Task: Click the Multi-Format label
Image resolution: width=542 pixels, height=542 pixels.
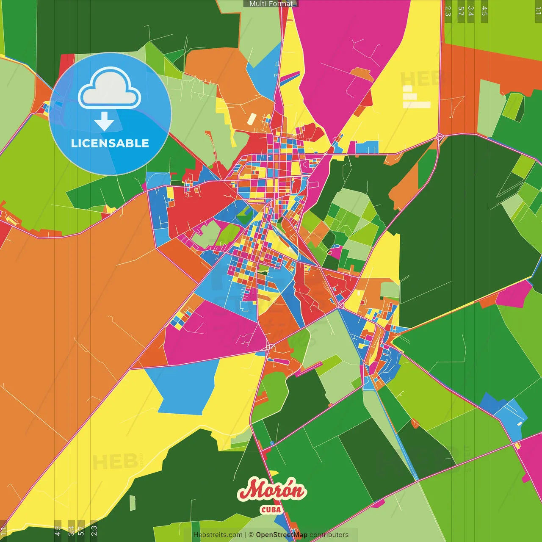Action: (x=271, y=4)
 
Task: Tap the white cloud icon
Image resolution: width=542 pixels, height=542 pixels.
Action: (x=110, y=88)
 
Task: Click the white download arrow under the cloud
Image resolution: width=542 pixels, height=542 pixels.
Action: (x=104, y=122)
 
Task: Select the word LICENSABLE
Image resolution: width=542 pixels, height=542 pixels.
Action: (x=110, y=144)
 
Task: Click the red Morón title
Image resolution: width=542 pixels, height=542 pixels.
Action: (x=271, y=490)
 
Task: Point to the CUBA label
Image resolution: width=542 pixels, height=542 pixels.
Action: (x=271, y=509)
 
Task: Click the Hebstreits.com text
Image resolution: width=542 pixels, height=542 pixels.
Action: (x=218, y=535)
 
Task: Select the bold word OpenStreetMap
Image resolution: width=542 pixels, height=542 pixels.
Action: (x=281, y=535)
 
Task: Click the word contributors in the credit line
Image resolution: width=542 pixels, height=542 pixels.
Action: (x=329, y=535)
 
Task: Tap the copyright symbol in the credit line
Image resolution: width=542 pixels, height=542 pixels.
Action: (x=251, y=535)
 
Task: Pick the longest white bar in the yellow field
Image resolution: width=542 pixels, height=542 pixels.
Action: (x=417, y=105)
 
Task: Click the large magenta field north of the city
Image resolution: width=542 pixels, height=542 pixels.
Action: (x=347, y=55)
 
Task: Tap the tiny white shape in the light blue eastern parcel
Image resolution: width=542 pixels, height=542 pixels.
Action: (x=520, y=423)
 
